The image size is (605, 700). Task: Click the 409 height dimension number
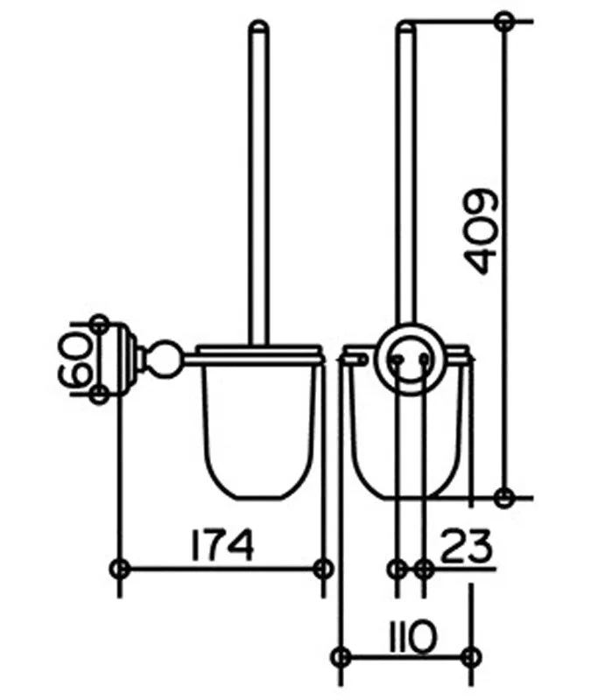click(x=481, y=232)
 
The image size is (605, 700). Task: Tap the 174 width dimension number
click(x=222, y=544)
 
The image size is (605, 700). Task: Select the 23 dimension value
click(x=466, y=545)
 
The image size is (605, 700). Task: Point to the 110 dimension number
click(x=412, y=636)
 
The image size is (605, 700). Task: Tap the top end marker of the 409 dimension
click(x=504, y=21)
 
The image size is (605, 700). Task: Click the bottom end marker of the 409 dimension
click(x=504, y=497)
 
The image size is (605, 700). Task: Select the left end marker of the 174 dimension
click(x=119, y=569)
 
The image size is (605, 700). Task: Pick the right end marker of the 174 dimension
click(x=323, y=569)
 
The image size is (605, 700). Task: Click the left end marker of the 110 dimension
click(x=341, y=657)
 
